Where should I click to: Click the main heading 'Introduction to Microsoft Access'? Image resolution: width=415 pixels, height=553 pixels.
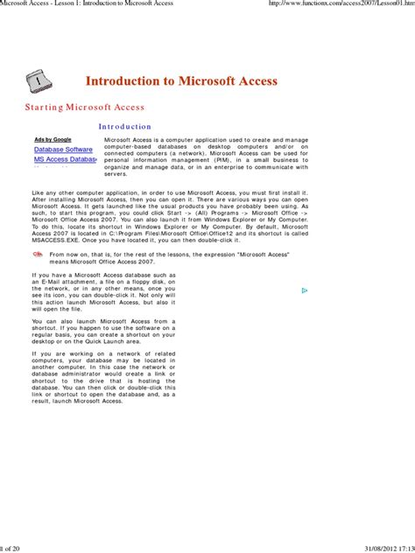pyautogui.click(x=181, y=80)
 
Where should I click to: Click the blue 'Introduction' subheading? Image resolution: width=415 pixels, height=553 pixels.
pyautogui.click(x=124, y=127)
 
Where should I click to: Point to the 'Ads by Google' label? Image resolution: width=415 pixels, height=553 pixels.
pyautogui.click(x=53, y=139)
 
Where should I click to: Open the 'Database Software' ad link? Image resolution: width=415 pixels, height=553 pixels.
pyautogui.click(x=63, y=150)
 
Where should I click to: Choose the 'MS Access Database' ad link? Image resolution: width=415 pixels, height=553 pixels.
pyautogui.click(x=65, y=160)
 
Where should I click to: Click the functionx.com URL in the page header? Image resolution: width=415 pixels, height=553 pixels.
pyautogui.click(x=341, y=5)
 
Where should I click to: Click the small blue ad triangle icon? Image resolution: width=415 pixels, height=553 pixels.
pyautogui.click(x=304, y=290)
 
